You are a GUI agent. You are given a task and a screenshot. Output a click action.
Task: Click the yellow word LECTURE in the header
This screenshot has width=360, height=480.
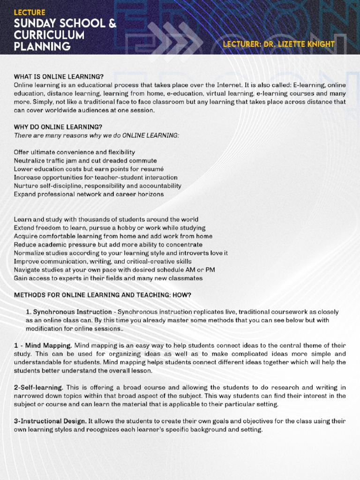click(30, 12)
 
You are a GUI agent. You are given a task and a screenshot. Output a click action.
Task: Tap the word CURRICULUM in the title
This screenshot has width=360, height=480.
click(49, 36)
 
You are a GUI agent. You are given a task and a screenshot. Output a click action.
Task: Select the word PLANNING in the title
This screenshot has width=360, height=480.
click(42, 47)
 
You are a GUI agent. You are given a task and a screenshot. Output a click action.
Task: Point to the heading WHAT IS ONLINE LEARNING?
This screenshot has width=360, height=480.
click(59, 76)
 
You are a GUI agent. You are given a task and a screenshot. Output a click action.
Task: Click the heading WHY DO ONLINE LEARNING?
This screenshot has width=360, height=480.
click(58, 127)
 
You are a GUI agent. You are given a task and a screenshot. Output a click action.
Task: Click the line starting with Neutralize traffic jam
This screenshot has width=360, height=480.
click(85, 160)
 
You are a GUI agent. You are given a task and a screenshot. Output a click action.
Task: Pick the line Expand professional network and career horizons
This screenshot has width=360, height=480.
click(89, 194)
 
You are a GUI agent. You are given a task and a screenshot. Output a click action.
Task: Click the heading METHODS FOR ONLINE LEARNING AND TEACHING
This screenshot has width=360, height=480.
click(102, 295)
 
